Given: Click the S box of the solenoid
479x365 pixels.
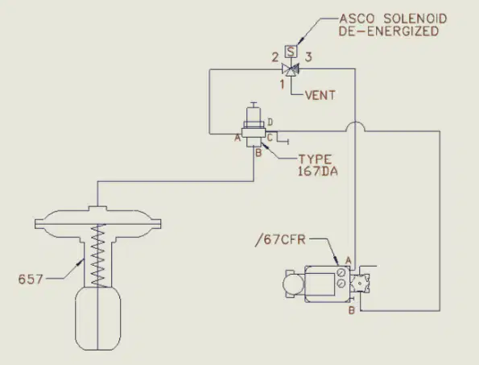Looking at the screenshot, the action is coord(291,52).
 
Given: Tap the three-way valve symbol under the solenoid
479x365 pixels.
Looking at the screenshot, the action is coord(290,69).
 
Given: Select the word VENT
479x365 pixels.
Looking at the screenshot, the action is coord(320,95).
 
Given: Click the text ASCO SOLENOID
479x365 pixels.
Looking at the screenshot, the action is coord(393,19).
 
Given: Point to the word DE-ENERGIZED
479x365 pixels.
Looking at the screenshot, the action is coord(389,31).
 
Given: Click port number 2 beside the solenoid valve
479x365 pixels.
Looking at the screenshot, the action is coord(275,57).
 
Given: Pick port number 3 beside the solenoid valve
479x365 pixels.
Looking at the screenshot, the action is coord(308,57).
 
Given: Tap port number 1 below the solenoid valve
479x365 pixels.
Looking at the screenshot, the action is coord(283,84).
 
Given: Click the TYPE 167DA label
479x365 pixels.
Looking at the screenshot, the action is coord(318,165).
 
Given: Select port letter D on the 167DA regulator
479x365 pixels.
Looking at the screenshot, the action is coord(270,122).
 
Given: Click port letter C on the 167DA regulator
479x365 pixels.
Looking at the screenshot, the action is coord(270,138).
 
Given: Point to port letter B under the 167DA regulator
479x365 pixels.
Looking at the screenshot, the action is coord(258,152).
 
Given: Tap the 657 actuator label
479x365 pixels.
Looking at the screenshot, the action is coord(31,279).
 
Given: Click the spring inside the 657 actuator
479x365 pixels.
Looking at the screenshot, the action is coord(98,255).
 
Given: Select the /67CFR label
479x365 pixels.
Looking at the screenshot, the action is coord(280,239).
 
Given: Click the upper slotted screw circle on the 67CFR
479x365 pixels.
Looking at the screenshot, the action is coord(341,272).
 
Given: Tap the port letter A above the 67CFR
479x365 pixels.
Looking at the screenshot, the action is coord(349,261).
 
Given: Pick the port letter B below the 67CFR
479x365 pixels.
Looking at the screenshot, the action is coord(352,310).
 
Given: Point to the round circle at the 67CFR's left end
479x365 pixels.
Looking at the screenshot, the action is coord(293,284).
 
